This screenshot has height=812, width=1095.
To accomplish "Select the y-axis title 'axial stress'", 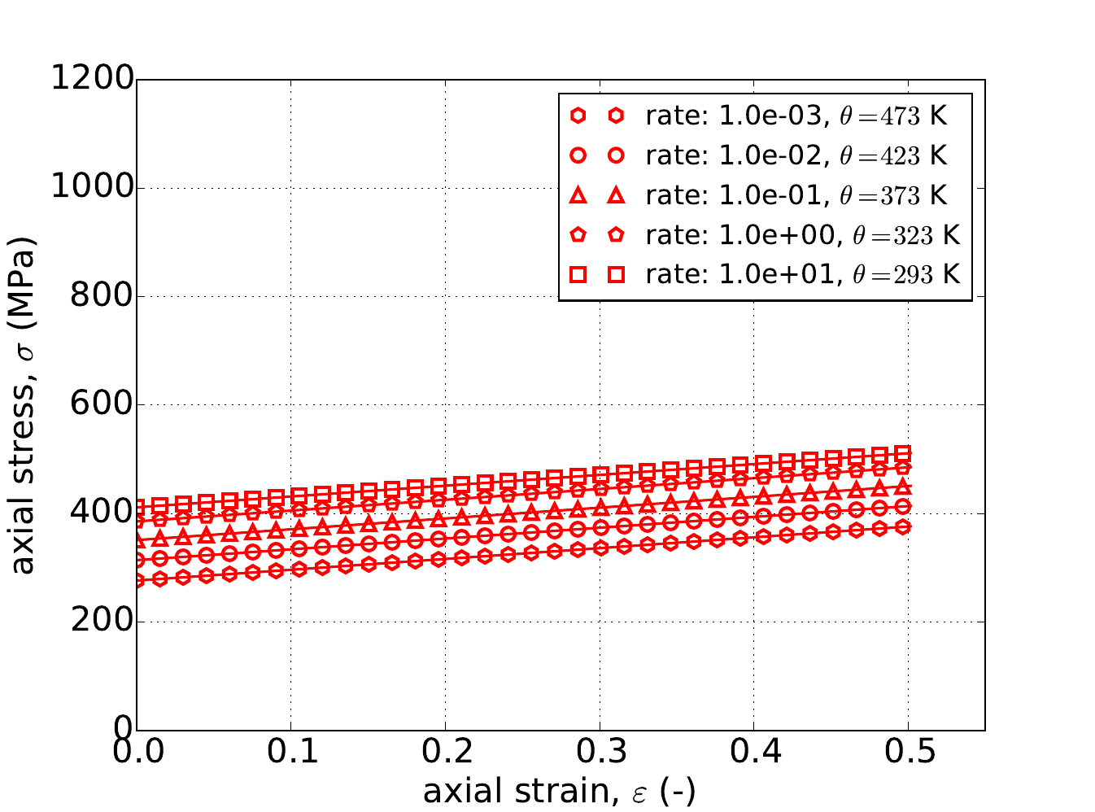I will coord(24,405).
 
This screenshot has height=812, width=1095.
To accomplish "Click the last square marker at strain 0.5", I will coord(902,453).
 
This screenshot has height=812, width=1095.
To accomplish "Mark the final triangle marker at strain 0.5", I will coord(902,487).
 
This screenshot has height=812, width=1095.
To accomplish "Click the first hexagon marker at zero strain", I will coord(137,580).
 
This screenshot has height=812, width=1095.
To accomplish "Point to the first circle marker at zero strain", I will coord(137,560).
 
